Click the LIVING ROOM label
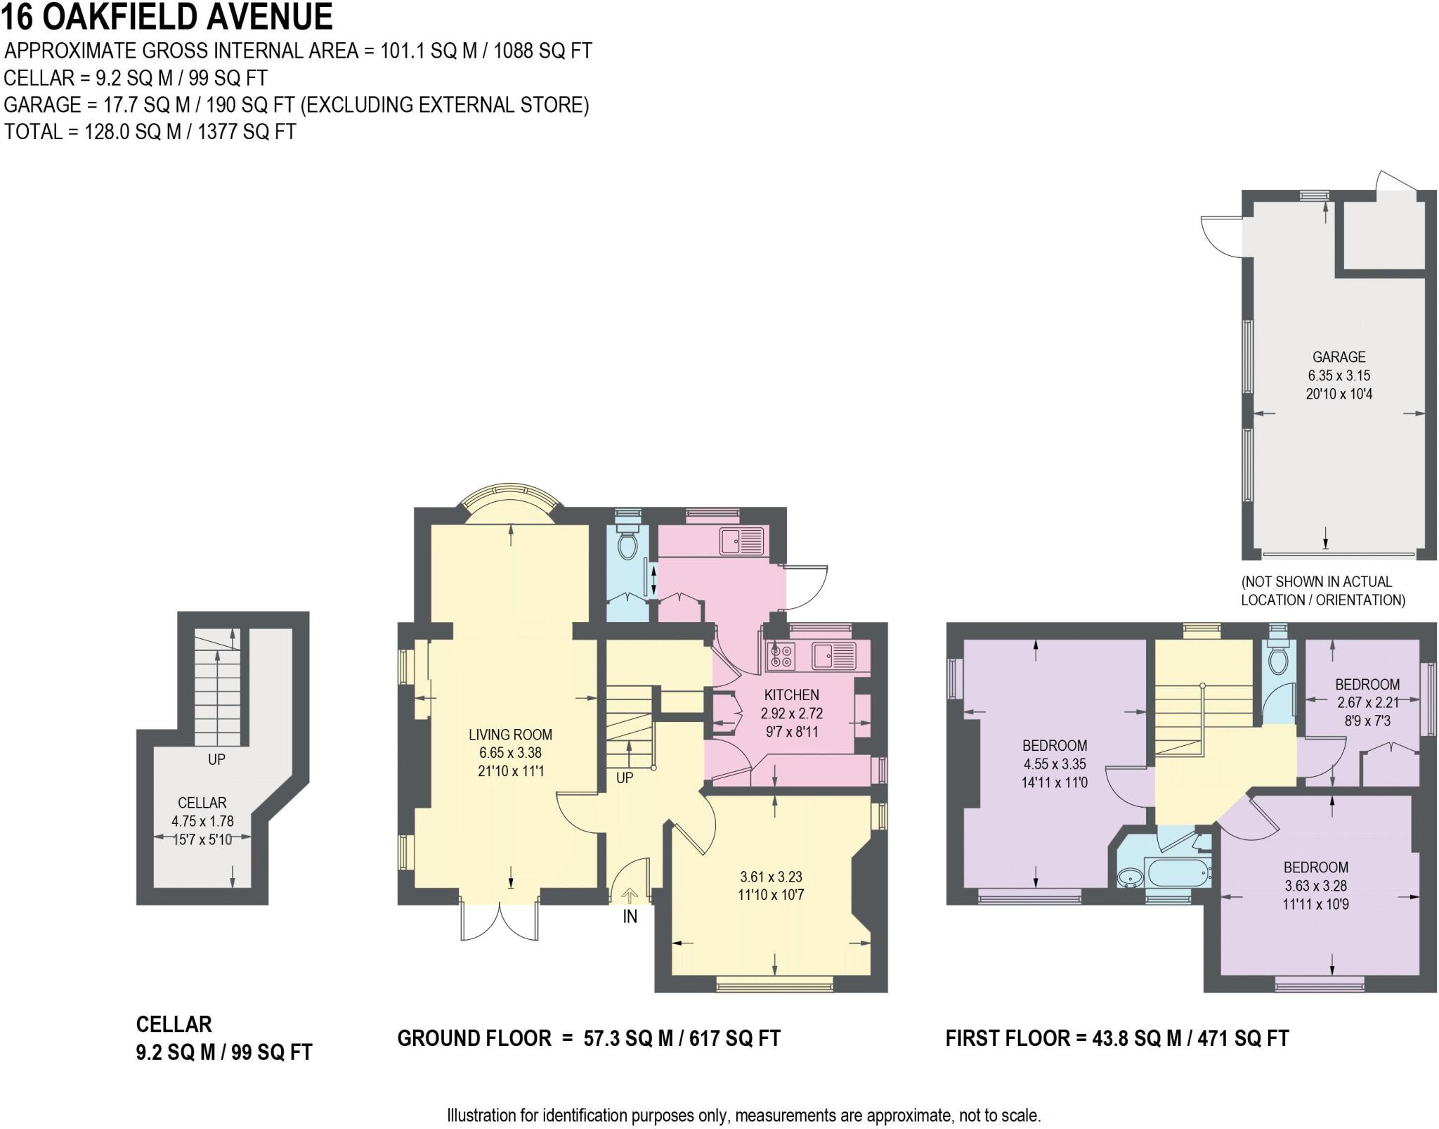pyautogui.click(x=510, y=735)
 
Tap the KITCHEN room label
pyautogui.click(x=791, y=695)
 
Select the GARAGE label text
pyautogui.click(x=1339, y=357)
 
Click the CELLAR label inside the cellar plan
pyautogui.click(x=202, y=803)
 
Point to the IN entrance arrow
pyautogui.click(x=630, y=897)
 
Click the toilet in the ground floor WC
pyautogui.click(x=626, y=544)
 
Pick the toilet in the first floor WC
pyautogui.click(x=1278, y=661)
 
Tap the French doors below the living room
pyautogui.click(x=500, y=920)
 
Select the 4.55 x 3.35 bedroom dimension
pyautogui.click(x=1055, y=764)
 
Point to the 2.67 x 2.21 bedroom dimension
pyautogui.click(x=1367, y=702)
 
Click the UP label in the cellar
pyautogui.click(x=216, y=759)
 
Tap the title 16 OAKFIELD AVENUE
pyautogui.click(x=167, y=17)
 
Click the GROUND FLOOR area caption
pyautogui.click(x=589, y=1038)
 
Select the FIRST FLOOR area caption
pyautogui.click(x=1116, y=1038)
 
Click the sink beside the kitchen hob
pyautogui.click(x=833, y=656)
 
